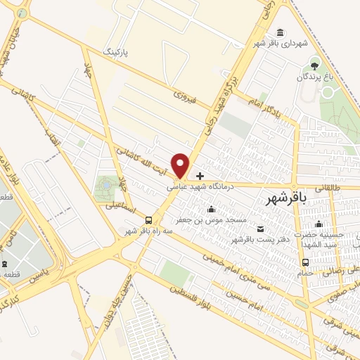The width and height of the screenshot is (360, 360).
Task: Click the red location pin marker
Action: pyautogui.click(x=181, y=165)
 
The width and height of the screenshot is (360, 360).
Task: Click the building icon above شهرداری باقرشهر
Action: pyautogui.click(x=281, y=33)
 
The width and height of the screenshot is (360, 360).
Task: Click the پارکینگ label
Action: pyautogui.click(x=117, y=51)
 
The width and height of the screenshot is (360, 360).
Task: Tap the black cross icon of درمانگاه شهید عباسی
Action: pyautogui.click(x=200, y=175)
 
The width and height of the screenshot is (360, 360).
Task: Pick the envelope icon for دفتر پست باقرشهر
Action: pyautogui.click(x=261, y=229)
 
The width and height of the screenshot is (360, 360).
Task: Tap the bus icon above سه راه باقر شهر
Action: pyautogui.click(x=148, y=219)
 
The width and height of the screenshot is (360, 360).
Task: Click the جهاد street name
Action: pyautogui.click(x=89, y=71)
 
